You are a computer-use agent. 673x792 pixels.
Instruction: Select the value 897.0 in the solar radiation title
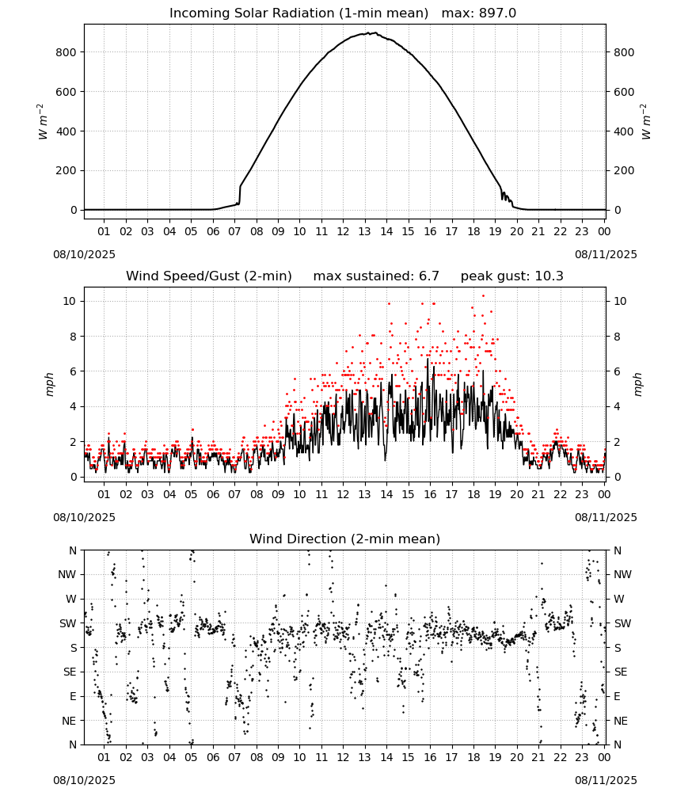[x=497, y=13]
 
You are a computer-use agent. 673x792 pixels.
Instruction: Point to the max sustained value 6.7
[x=428, y=276]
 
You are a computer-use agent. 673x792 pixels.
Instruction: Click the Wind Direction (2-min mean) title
[x=345, y=539]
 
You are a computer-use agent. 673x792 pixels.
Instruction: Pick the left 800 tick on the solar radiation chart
[x=67, y=52]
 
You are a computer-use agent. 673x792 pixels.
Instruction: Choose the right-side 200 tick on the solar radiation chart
[x=624, y=171]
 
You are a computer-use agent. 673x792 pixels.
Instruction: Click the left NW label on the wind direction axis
[x=67, y=575]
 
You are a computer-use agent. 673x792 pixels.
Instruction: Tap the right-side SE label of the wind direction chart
[x=621, y=672]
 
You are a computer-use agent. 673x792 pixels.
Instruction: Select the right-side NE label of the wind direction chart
[x=621, y=721]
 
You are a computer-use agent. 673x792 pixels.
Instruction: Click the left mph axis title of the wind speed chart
[x=49, y=384]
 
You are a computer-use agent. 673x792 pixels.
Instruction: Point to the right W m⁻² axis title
[x=646, y=122]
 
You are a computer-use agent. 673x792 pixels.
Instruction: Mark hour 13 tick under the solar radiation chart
[x=364, y=231]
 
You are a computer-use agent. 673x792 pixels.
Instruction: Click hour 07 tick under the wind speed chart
[x=234, y=494]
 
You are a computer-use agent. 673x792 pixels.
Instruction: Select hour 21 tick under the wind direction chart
[x=538, y=757]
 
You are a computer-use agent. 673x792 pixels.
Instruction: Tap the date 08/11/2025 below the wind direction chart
[x=606, y=780]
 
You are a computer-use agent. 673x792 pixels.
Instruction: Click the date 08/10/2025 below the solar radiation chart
[x=84, y=254]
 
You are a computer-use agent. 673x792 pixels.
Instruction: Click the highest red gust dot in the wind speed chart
[x=483, y=296]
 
